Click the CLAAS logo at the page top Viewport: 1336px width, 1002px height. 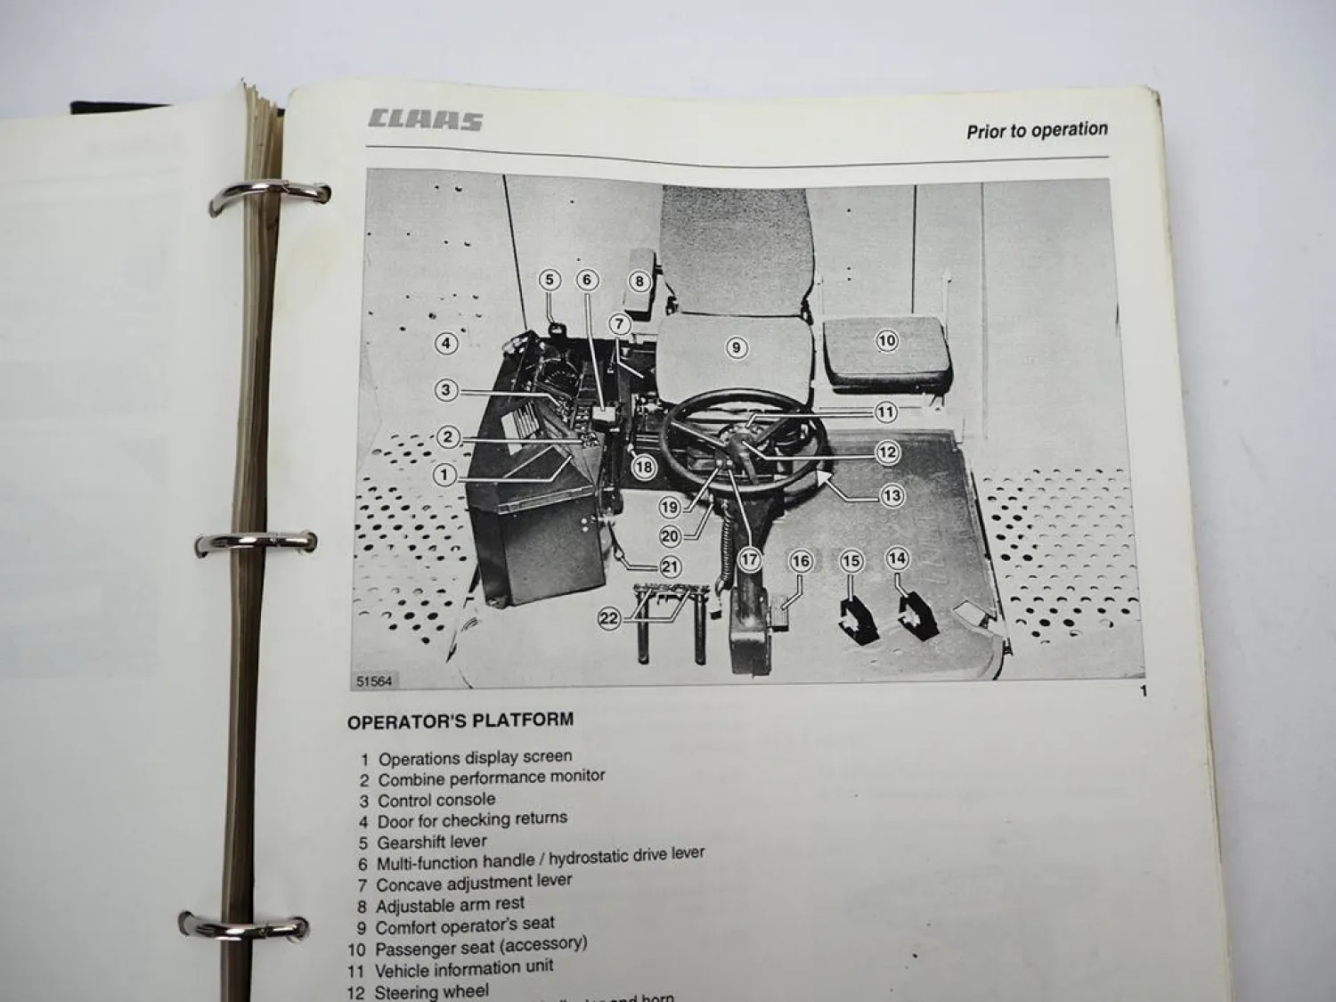[x=425, y=120]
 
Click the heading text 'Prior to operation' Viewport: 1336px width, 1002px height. [x=1037, y=130]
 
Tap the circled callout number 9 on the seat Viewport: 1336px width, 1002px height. [x=736, y=347]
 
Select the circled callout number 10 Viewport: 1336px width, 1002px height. [x=886, y=340]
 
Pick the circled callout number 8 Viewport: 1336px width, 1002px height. [x=639, y=281]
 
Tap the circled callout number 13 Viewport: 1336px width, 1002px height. [x=892, y=496]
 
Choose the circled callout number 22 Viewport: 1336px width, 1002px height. [x=609, y=618]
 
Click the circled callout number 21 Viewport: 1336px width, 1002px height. [x=670, y=566]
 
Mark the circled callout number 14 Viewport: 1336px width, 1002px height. [x=897, y=558]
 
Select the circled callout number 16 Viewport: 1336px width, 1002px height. [x=801, y=560]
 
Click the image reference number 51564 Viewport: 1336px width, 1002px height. [x=374, y=681]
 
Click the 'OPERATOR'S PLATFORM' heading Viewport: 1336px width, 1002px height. [x=460, y=721]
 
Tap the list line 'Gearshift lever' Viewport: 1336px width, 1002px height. [x=431, y=842]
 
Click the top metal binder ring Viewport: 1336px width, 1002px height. [x=267, y=198]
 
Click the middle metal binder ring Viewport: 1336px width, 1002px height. [x=255, y=542]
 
